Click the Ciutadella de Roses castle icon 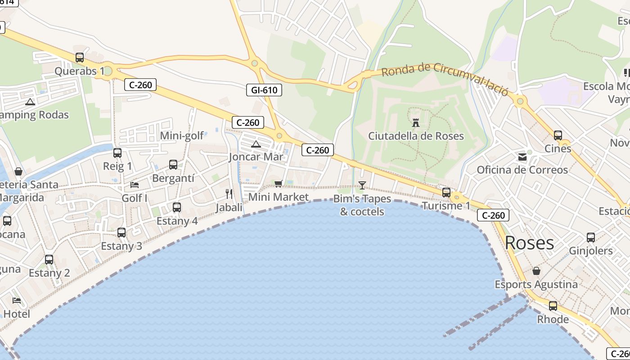416,122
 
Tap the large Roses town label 529,243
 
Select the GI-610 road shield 264,90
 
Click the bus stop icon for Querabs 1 80,58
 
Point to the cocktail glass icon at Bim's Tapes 362,185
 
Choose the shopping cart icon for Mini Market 278,184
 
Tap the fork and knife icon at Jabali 229,194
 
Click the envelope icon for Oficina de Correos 522,157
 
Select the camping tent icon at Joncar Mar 256,144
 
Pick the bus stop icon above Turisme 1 446,193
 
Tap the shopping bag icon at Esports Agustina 536,271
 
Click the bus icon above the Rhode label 553,306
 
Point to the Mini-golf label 182,135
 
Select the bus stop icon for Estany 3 121,233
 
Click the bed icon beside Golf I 134,184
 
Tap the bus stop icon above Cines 558,135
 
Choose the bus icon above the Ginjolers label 590,238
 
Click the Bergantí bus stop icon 173,165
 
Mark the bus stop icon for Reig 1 117,153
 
